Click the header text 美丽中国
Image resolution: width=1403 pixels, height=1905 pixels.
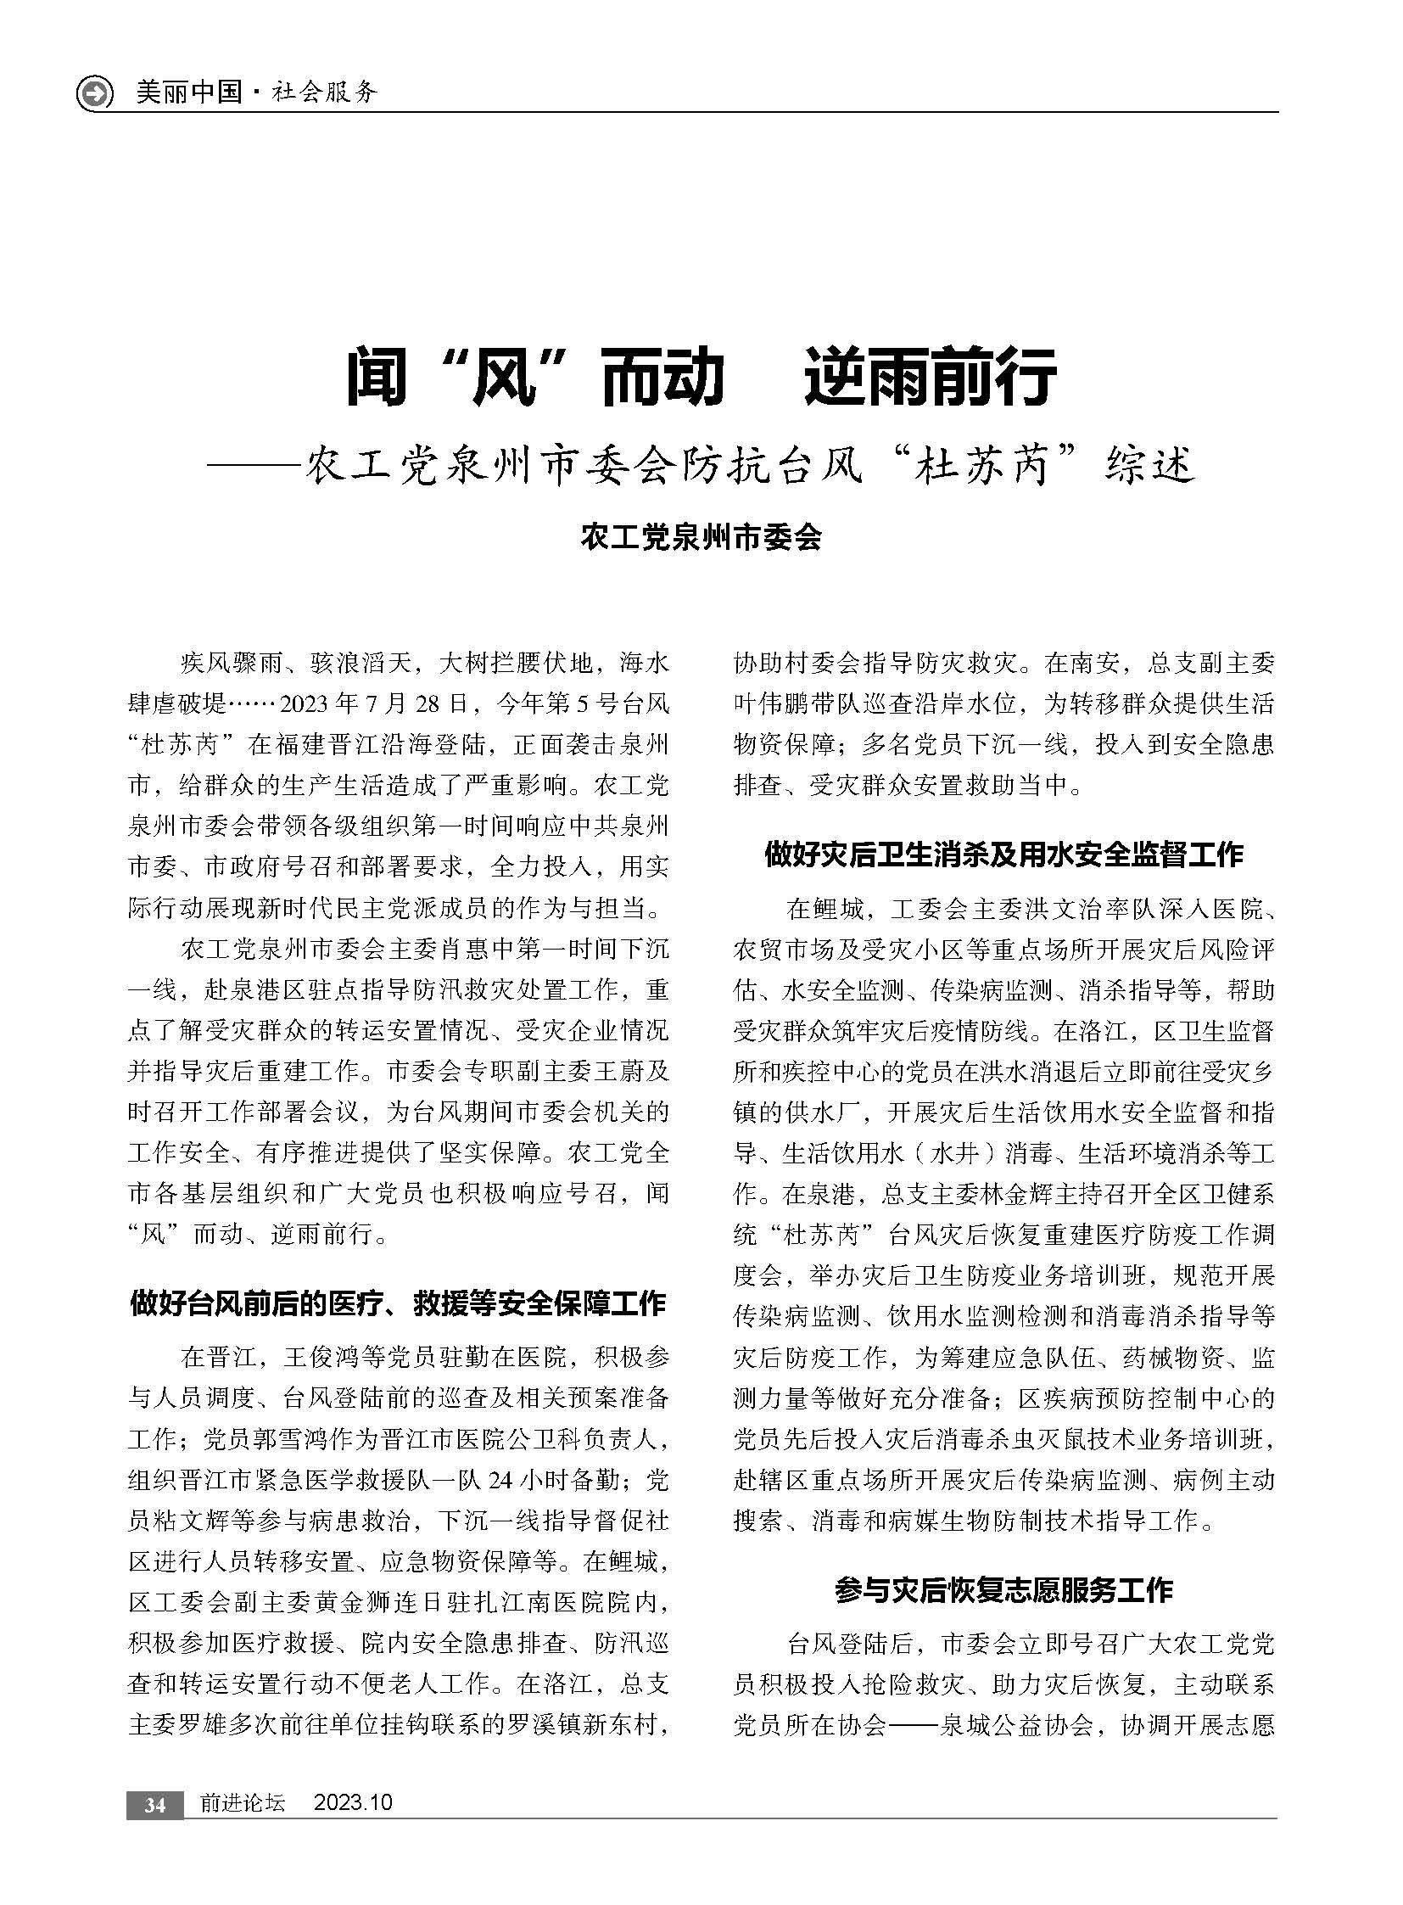click(188, 92)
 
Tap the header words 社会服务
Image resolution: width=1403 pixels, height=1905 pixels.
click(323, 92)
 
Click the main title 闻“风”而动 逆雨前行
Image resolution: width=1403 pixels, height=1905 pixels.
click(701, 377)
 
